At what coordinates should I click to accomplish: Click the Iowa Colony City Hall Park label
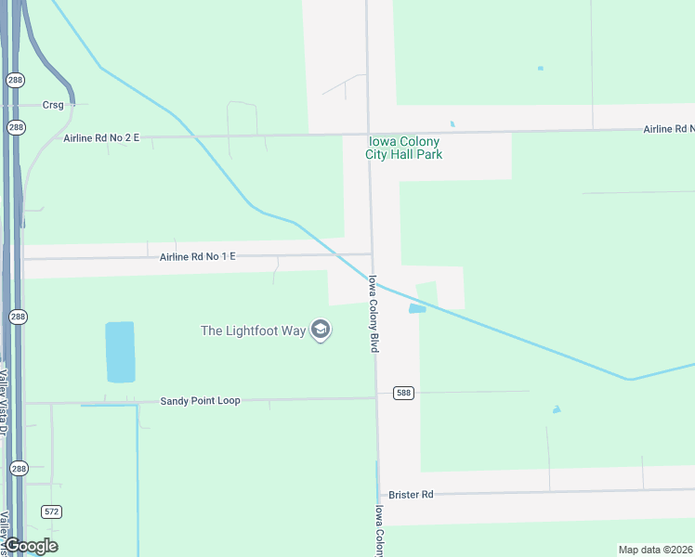point(405,148)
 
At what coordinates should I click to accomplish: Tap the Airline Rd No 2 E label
point(101,138)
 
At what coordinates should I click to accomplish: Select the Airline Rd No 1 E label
point(197,256)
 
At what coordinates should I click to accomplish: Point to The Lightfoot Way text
point(254,330)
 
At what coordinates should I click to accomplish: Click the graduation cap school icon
point(321,330)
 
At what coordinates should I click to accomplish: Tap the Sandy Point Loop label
point(200,401)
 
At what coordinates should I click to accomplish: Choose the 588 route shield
point(402,393)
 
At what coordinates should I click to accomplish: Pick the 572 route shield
point(52,512)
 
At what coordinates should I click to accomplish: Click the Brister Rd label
point(412,495)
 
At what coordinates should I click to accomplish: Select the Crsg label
point(53,105)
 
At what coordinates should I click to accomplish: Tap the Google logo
point(31,546)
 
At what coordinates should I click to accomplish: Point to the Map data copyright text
point(655,550)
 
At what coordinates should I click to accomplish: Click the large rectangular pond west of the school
point(120,352)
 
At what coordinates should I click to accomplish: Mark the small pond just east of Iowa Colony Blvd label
point(417,308)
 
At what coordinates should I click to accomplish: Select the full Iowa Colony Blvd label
point(374,313)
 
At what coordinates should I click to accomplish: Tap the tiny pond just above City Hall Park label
point(452,123)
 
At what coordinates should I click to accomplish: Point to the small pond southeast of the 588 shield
point(556,409)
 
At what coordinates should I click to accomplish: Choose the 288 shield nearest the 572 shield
point(18,470)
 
